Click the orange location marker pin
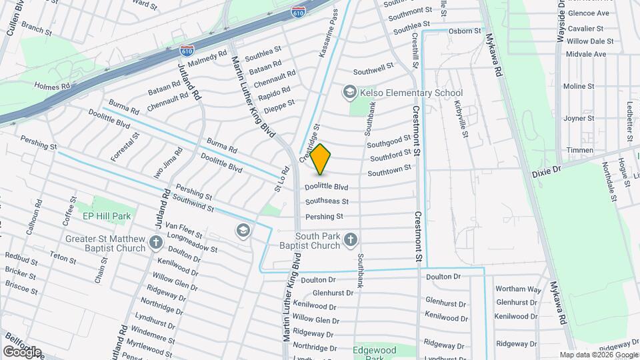click(x=321, y=159)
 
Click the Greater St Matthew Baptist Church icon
click(x=155, y=243)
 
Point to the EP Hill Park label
click(x=106, y=216)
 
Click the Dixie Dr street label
click(x=547, y=172)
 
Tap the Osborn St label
click(x=465, y=31)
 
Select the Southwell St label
click(x=373, y=69)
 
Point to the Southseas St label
click(x=327, y=201)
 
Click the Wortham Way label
click(x=518, y=289)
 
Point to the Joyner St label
click(x=578, y=118)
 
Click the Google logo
click(x=22, y=352)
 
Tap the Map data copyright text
click(x=598, y=355)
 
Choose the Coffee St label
click(x=69, y=215)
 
